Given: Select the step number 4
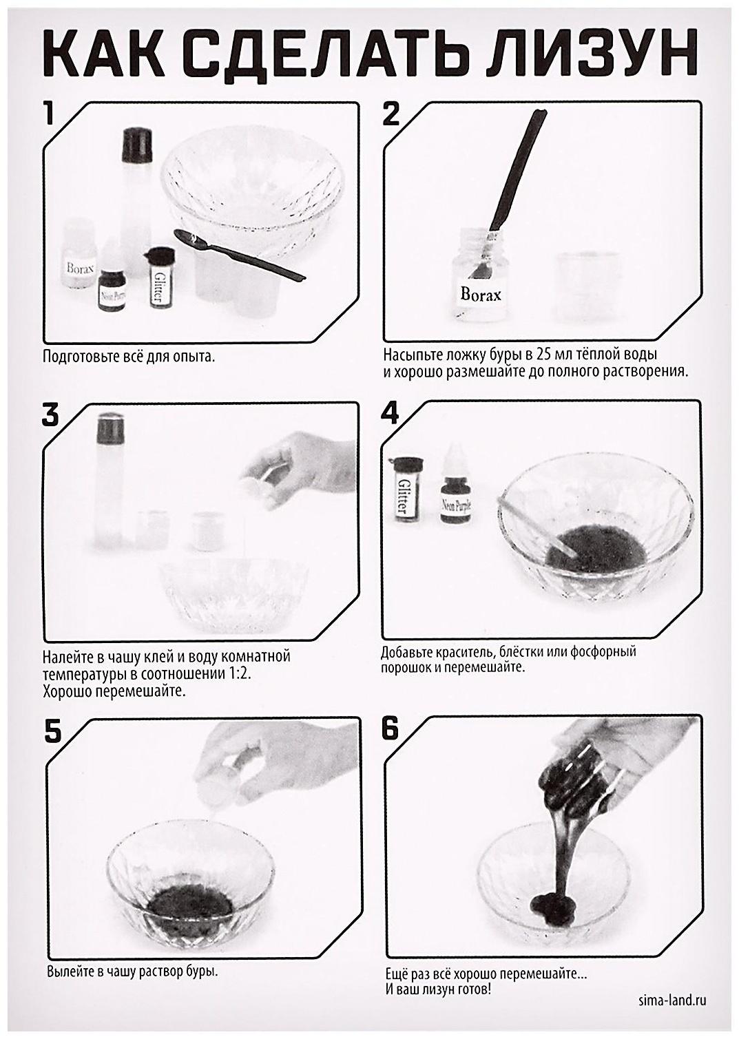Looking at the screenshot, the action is tap(390, 412).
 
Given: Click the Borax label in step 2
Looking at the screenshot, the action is tap(480, 294).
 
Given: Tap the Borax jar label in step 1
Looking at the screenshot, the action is tap(80, 268).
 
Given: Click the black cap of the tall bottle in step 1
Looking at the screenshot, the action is tap(137, 145).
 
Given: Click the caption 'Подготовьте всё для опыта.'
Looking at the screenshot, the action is tap(129, 357).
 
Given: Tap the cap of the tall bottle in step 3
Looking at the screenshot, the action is tap(110, 426).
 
